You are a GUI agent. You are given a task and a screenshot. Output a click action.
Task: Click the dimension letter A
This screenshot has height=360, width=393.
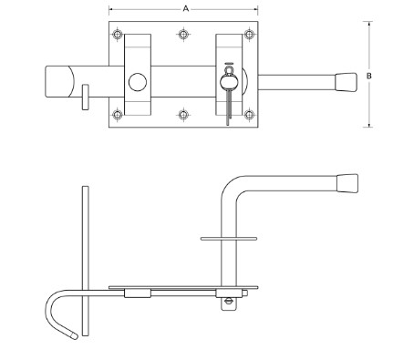[x=185, y=7]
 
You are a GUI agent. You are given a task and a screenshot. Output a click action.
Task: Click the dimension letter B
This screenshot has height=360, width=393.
[x=368, y=76]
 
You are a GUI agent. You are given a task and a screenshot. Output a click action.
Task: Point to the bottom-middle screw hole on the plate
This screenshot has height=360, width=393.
[x=185, y=115]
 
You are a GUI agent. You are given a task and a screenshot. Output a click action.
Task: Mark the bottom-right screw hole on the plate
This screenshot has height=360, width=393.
[x=249, y=115]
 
